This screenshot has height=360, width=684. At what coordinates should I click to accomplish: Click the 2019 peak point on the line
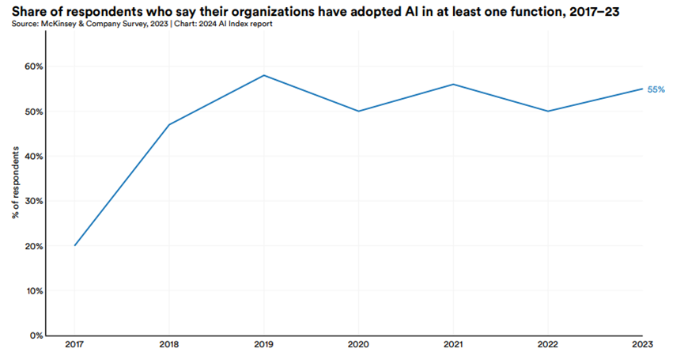(x=263, y=75)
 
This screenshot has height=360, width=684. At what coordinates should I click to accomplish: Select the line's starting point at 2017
(x=75, y=245)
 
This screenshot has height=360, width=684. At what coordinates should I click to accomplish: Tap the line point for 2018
(x=169, y=124)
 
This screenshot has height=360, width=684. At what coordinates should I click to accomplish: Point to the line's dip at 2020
(x=358, y=111)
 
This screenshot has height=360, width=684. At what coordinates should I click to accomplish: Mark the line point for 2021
(x=452, y=84)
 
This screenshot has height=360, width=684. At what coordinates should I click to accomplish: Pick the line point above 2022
(x=547, y=111)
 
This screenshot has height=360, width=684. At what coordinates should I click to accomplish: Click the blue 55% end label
(x=656, y=89)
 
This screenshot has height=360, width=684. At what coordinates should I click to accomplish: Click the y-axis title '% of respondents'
(x=16, y=200)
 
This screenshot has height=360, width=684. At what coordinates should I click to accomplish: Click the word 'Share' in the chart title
(x=29, y=9)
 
